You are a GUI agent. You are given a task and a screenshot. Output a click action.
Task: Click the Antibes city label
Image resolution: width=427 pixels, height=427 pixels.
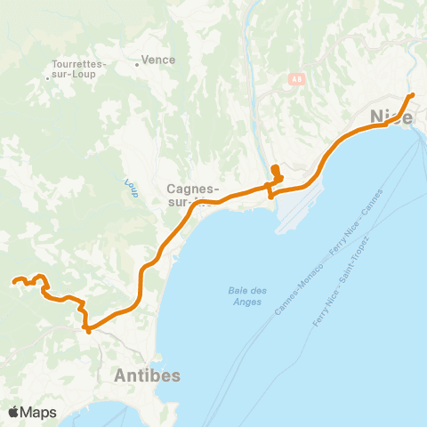(x=147, y=375)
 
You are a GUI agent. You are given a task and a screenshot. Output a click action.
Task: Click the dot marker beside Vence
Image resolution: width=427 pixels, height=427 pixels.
(x=136, y=63)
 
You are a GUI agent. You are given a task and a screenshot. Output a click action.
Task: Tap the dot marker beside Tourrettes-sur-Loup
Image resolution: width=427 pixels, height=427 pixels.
(x=47, y=79)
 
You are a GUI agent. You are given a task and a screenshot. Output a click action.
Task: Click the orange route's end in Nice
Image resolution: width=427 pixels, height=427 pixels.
(x=411, y=96)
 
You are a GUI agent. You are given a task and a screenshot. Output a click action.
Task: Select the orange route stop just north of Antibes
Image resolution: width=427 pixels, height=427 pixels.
(x=88, y=330)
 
